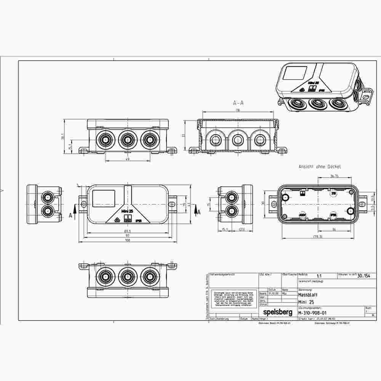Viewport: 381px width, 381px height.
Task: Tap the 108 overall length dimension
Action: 128,241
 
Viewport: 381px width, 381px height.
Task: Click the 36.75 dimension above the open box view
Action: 334,176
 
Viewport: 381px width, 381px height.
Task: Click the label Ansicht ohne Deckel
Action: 320,166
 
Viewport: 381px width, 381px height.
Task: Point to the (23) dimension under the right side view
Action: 241,229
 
